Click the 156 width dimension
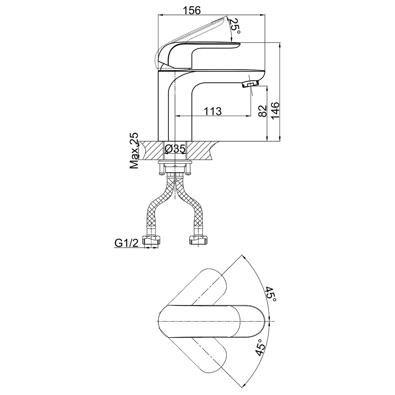(192, 10)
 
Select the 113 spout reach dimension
(212, 111)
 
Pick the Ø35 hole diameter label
(175, 149)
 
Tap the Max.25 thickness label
(134, 151)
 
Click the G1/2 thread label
(126, 242)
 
